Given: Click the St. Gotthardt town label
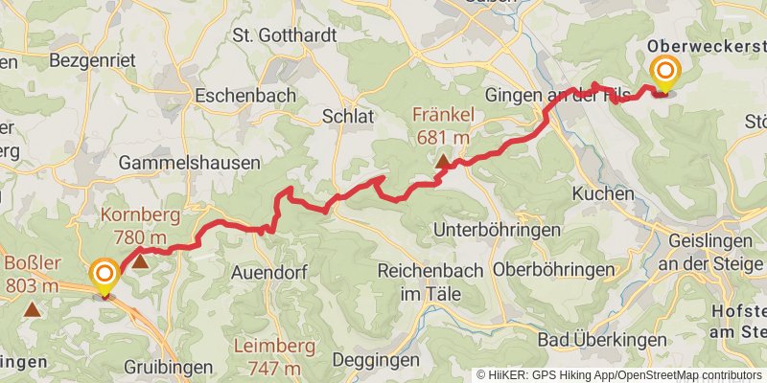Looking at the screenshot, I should pyautogui.click(x=285, y=35).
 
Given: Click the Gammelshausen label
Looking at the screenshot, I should pyautogui.click(x=190, y=164).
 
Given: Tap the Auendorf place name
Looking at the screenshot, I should pyautogui.click(x=268, y=272).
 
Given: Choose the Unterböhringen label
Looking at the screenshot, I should pyautogui.click(x=497, y=230).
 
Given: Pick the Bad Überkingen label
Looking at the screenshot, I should pyautogui.click(x=589, y=340).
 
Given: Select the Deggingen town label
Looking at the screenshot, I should pyautogui.click(x=376, y=360).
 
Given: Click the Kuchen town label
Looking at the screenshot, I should pyautogui.click(x=603, y=193).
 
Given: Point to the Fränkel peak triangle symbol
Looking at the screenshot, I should pyautogui.click(x=442, y=163).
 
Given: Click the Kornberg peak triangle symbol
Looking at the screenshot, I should pyautogui.click(x=140, y=259).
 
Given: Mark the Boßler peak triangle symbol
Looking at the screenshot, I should pyautogui.click(x=33, y=308).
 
